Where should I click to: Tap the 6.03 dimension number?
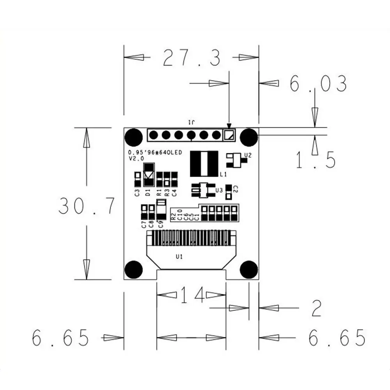point(318,83)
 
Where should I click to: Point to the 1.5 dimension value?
point(316,160)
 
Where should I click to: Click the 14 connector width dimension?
point(192,295)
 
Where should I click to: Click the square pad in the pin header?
point(229,135)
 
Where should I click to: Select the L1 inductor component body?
point(204,163)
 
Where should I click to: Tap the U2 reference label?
point(247,155)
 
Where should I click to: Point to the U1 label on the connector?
point(179,257)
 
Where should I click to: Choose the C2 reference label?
point(235,189)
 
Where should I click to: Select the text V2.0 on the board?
point(136,159)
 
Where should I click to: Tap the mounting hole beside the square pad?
point(249,136)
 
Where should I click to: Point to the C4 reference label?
point(174,192)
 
